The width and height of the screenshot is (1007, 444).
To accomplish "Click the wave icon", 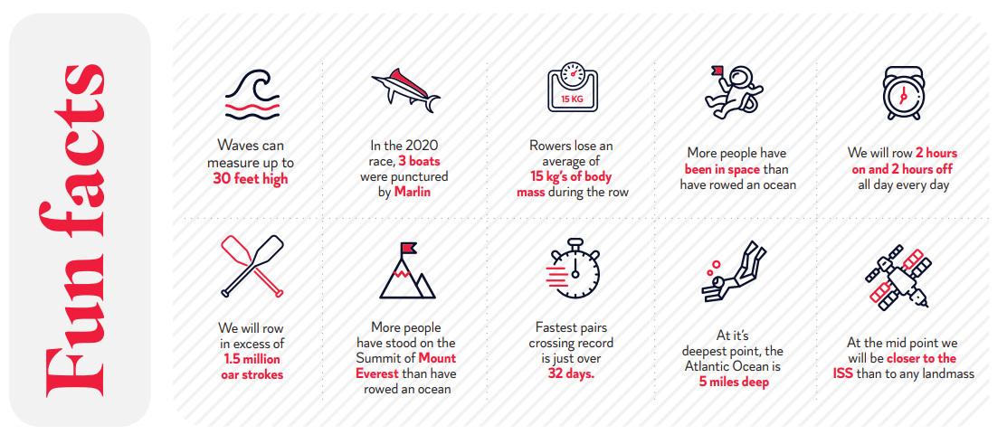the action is (252, 94).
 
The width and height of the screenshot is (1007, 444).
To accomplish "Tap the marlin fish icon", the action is (405, 90).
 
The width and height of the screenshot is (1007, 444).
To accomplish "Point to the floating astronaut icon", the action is (733, 91).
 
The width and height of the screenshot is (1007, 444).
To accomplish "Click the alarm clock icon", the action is (902, 93).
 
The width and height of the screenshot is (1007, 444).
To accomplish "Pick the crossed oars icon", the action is (252, 266).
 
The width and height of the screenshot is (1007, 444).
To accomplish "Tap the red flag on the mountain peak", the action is (408, 248).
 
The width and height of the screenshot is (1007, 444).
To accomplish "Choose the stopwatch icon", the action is (573, 269).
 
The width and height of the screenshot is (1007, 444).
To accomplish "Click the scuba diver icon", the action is (734, 270).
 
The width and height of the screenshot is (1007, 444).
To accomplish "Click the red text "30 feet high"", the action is (251, 179).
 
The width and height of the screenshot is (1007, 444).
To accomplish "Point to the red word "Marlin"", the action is (413, 191).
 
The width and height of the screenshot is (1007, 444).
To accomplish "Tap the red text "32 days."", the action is (571, 374).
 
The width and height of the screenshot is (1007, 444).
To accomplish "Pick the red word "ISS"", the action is (843, 373).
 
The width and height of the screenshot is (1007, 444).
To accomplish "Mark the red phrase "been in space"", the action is (723, 169).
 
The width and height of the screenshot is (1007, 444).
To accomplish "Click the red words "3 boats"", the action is (419, 161).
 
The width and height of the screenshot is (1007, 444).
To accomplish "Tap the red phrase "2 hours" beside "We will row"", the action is (936, 154).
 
